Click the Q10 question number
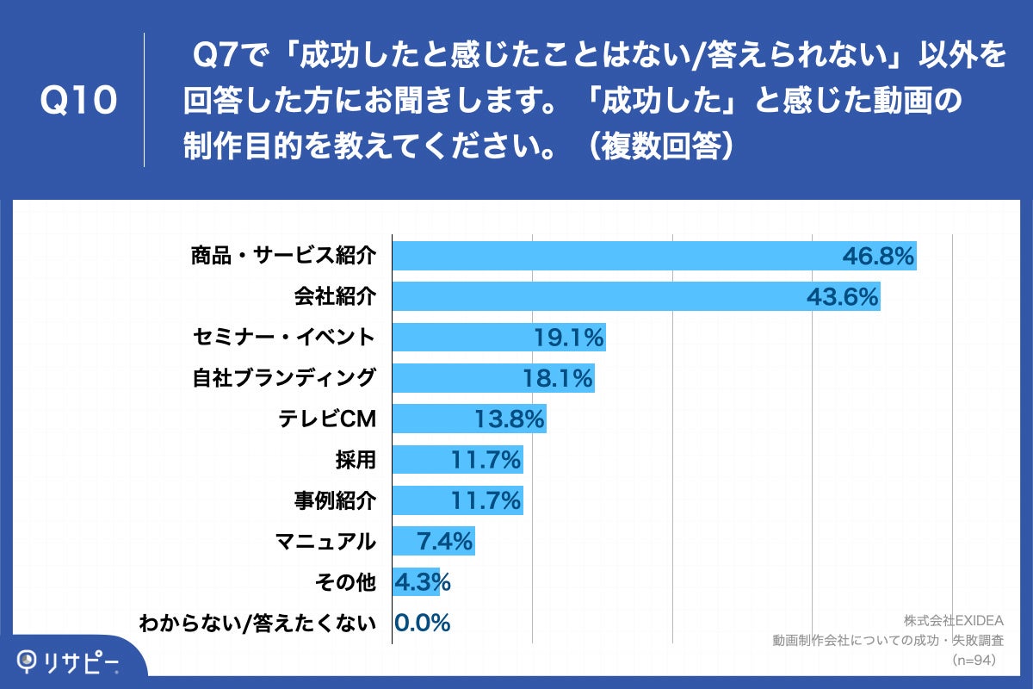click(78, 102)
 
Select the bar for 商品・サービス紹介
click(654, 257)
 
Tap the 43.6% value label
click(843, 297)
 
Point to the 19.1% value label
click(568, 338)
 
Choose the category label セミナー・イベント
click(283, 337)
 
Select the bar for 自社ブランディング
click(493, 378)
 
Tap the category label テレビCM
click(328, 419)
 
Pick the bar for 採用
click(458, 460)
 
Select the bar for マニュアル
click(433, 542)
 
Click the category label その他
click(348, 582)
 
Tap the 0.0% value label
click(423, 624)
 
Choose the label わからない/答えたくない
click(257, 624)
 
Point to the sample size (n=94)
click(973, 660)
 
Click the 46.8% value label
click(877, 257)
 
